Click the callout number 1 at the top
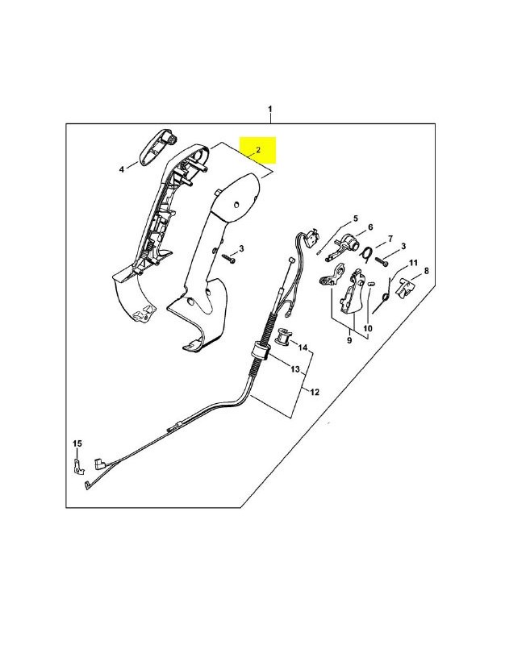[x=270, y=109]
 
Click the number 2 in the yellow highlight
[x=258, y=150]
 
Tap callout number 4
[x=122, y=169]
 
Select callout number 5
[x=355, y=218]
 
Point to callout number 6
[x=370, y=227]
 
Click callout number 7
[x=390, y=238]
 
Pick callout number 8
[x=426, y=271]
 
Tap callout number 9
[x=349, y=340]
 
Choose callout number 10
[x=368, y=328]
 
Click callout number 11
[x=413, y=263]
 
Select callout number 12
[x=315, y=392]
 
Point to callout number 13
[x=295, y=369]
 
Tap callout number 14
[x=303, y=347]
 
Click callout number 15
[x=77, y=443]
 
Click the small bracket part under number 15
[x=77, y=468]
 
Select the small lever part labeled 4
[x=156, y=148]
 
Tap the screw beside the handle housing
[x=229, y=258]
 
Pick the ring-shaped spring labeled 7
[x=367, y=253]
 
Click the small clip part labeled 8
[x=403, y=287]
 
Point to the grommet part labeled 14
[x=282, y=335]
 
